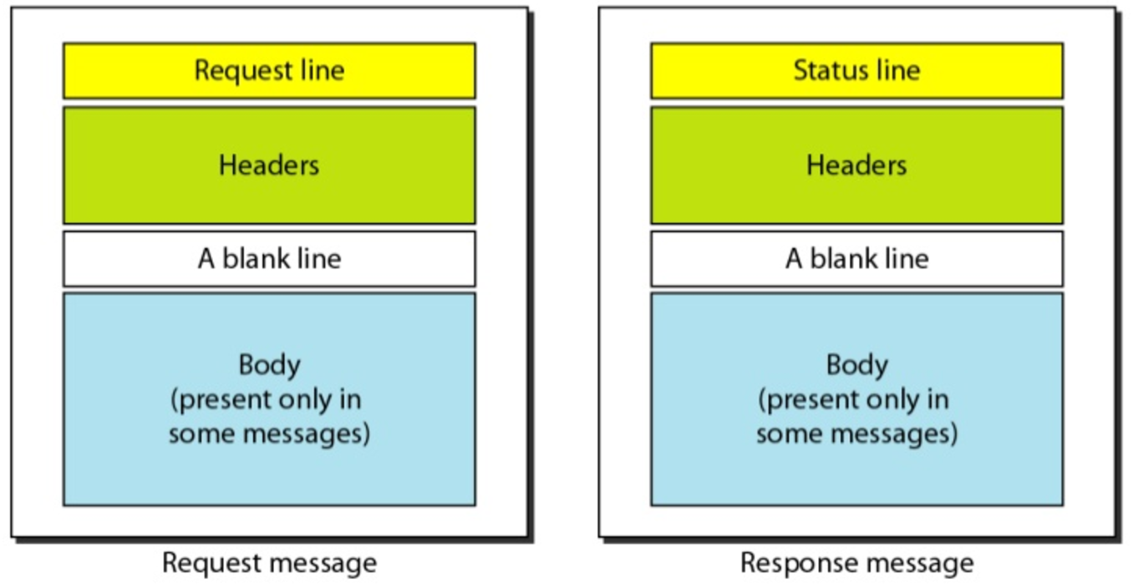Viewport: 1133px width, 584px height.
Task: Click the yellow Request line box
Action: (269, 71)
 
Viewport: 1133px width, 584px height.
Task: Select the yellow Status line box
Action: (856, 71)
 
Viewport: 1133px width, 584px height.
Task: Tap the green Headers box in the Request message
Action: (269, 165)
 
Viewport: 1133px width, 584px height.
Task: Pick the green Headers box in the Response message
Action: (856, 165)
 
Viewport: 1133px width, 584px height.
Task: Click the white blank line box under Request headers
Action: (269, 259)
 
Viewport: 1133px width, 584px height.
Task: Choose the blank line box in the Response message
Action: (856, 259)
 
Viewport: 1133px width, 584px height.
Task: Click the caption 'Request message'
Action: (269, 562)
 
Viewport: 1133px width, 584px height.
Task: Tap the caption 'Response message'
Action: (856, 562)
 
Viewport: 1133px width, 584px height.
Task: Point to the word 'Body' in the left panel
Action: (269, 365)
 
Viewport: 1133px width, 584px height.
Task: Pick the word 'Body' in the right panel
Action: (856, 365)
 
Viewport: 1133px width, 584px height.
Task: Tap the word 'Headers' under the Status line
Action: (856, 165)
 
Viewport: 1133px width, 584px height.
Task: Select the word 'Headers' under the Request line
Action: (269, 165)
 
